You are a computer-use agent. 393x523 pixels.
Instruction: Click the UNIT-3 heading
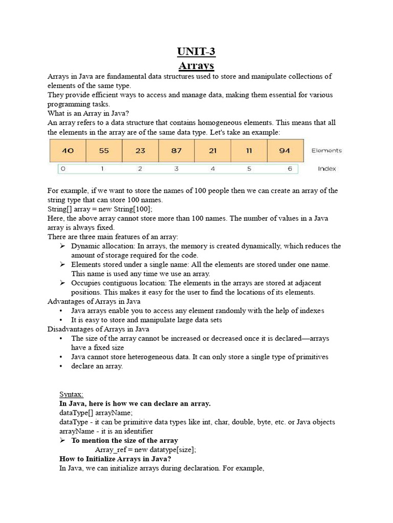coord(196,52)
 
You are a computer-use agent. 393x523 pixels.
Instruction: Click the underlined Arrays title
coord(196,66)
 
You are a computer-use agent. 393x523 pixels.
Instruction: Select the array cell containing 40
coord(68,151)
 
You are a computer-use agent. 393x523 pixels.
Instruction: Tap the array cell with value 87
coord(177,151)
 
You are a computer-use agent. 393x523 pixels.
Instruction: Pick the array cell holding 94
coord(285,151)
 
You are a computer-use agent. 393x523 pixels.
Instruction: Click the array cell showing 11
coord(249,151)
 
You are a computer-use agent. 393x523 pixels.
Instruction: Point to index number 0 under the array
coord(63,169)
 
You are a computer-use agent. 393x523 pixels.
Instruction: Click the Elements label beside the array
coord(326,151)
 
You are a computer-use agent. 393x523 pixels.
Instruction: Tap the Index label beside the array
coord(326,169)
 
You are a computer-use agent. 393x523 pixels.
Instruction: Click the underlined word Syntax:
coord(71,394)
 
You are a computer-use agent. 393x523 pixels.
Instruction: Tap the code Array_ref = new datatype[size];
coord(145,449)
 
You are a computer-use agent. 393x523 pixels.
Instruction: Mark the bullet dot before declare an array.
coord(61,366)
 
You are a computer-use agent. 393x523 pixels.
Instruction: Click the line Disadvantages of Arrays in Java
coord(98,329)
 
